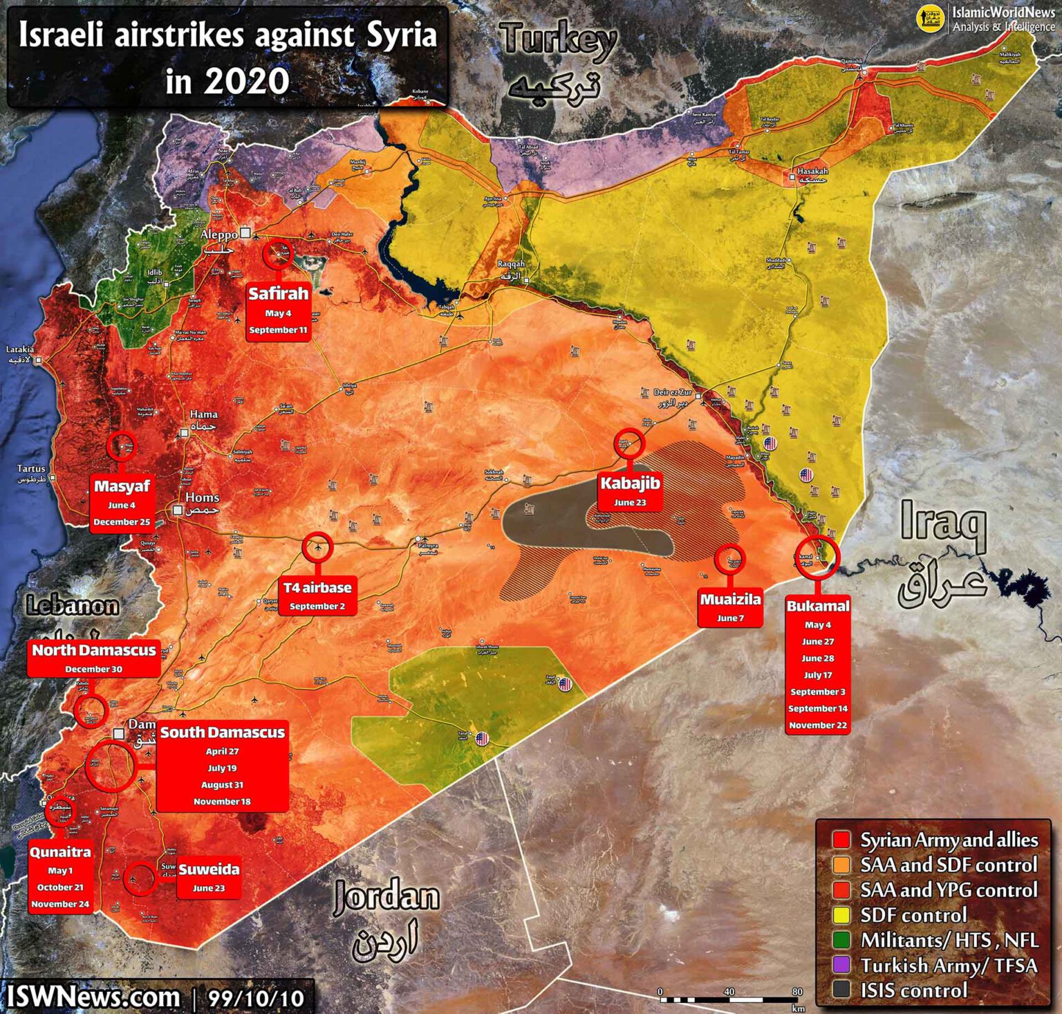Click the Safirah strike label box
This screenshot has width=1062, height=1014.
(278, 311)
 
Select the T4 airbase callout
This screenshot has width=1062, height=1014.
(317, 596)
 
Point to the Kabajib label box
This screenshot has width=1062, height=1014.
(630, 491)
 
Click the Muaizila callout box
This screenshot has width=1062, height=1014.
(730, 607)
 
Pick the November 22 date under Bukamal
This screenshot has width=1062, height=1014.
(818, 725)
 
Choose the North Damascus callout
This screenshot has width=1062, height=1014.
(94, 658)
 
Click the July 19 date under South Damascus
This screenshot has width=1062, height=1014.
(222, 768)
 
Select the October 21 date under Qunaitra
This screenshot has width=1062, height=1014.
(60, 887)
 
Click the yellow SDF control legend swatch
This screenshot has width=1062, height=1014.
(841, 915)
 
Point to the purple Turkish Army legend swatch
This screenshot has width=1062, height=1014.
(841, 965)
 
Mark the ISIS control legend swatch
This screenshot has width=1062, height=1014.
(841, 990)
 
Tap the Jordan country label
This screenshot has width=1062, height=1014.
(386, 897)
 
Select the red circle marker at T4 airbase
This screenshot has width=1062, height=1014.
(317, 548)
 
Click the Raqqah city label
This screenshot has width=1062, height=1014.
(512, 264)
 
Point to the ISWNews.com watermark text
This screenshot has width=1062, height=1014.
(93, 997)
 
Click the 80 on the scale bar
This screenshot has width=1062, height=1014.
(797, 992)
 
